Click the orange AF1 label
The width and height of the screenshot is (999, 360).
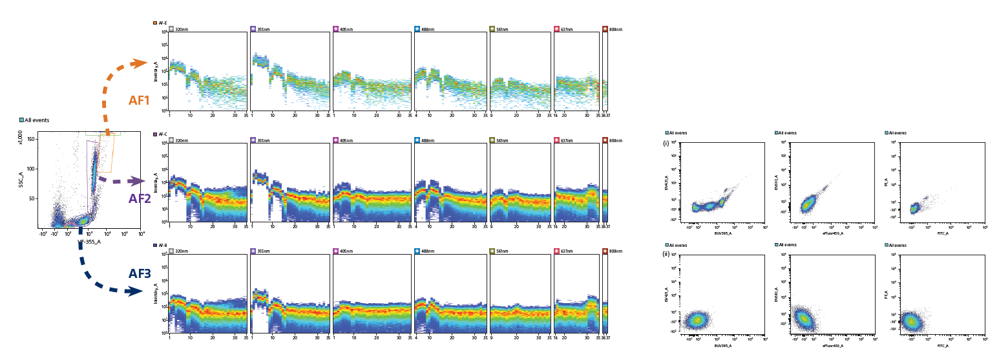tap(139, 100)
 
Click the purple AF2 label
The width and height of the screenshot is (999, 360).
tap(140, 198)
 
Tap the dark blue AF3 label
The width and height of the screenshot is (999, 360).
tap(140, 273)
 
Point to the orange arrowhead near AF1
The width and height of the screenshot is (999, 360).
tap(140, 63)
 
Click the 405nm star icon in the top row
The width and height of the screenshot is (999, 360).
tap(336, 29)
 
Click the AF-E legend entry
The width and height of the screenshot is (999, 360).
tap(162, 23)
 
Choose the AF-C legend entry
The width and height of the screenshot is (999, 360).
tap(162, 134)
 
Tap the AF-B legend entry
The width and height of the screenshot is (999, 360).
tap(162, 246)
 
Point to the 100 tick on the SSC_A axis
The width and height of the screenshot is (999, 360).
tap(31, 169)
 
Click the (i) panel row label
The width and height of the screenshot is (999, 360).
tap(666, 143)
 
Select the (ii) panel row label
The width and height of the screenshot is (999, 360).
tap(666, 254)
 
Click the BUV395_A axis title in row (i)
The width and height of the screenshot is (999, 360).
tap(722, 234)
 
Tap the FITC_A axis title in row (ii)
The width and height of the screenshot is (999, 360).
tap(942, 346)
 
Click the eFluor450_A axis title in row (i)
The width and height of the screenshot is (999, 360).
tap(832, 234)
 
